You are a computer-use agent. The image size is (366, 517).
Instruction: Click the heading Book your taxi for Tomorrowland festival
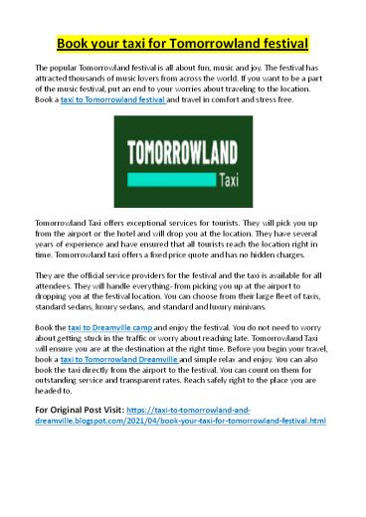pyautogui.click(x=183, y=44)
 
